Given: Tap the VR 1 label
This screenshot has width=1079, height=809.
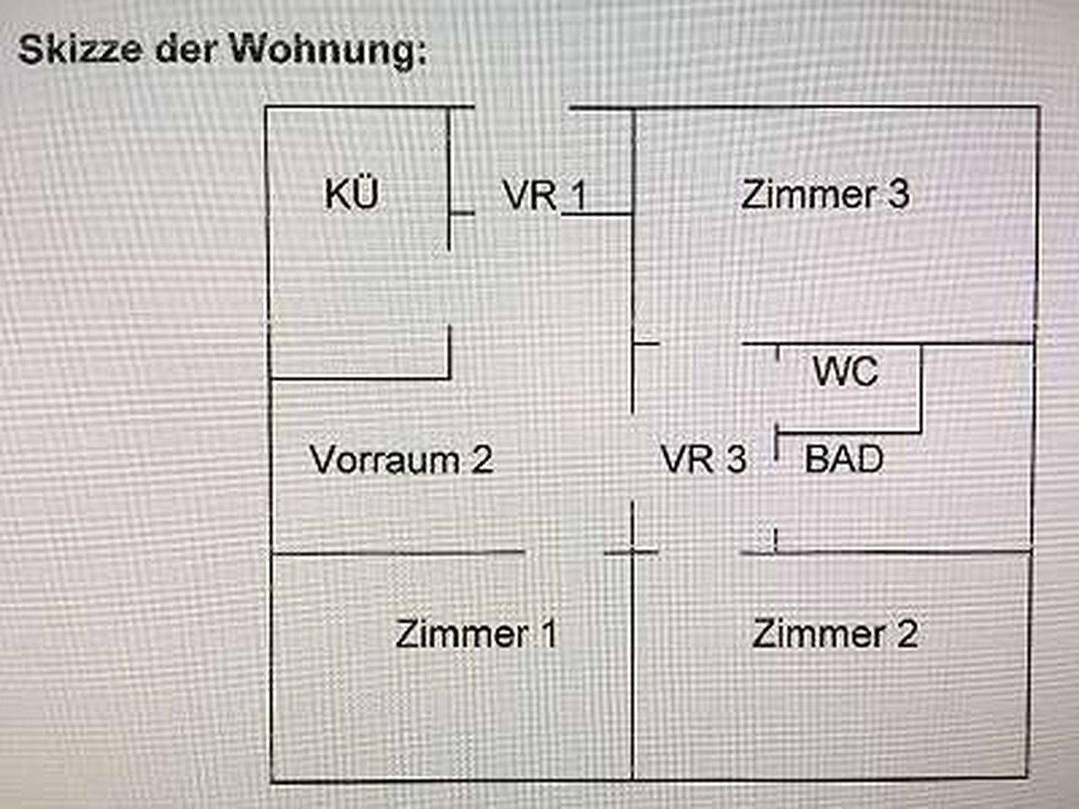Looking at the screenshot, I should (x=545, y=196).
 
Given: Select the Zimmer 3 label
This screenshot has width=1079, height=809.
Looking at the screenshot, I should (x=825, y=194).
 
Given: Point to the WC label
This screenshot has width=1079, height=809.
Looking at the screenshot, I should (x=845, y=371).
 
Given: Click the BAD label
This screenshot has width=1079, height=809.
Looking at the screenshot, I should (x=844, y=458).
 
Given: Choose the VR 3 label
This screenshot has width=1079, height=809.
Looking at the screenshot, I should (x=704, y=458).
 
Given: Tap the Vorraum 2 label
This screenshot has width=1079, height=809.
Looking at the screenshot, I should (x=402, y=459).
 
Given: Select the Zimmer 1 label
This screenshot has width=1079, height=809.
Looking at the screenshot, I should (x=476, y=634).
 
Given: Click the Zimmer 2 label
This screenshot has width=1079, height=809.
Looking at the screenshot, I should (x=835, y=634).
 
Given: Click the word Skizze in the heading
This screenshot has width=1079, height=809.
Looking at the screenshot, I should (x=80, y=49).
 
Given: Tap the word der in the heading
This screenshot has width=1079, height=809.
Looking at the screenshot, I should (x=187, y=49).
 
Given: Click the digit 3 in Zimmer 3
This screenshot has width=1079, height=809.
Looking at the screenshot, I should (x=898, y=194).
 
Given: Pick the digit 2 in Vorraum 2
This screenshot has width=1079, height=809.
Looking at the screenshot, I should (x=483, y=459).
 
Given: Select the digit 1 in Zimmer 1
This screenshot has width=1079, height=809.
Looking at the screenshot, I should (x=548, y=634).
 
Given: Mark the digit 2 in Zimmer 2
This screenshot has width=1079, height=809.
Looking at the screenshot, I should (x=907, y=634).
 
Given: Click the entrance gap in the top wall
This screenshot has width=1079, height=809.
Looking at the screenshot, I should (x=522, y=108).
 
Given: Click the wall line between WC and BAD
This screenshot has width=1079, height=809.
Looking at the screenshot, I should (x=848, y=431).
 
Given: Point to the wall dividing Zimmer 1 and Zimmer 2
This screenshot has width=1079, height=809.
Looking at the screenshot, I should (x=633, y=667).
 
